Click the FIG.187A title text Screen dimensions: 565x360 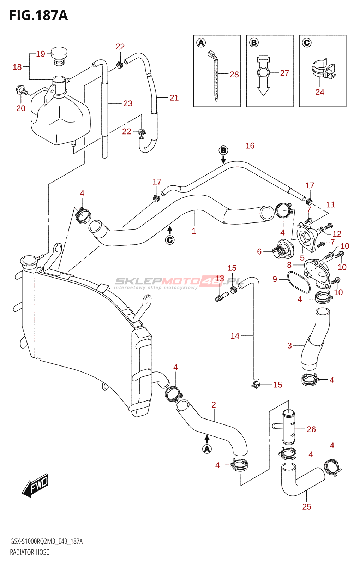[x=38, y=16]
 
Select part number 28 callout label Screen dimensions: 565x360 [x=234, y=75]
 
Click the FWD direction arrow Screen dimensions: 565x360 [x=35, y=485]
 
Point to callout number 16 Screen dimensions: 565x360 [x=250, y=146]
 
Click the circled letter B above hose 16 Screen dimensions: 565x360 [x=223, y=150]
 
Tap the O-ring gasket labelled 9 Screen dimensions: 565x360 [x=299, y=282]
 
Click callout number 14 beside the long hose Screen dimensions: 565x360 [x=235, y=336]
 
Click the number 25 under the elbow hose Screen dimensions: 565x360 [x=307, y=506]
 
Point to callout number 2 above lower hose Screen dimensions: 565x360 [x=214, y=405]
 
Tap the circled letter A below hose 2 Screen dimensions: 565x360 [x=207, y=449]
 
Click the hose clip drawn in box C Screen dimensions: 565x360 [x=323, y=70]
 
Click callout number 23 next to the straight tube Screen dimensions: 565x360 [x=128, y=103]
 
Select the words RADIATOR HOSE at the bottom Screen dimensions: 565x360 [x=30, y=552]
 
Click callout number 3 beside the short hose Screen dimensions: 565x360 [x=289, y=345]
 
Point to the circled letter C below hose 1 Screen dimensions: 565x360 [x=170, y=240]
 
